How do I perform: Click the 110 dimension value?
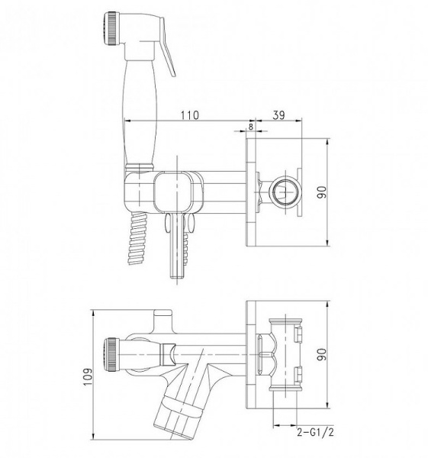(x=189, y=114)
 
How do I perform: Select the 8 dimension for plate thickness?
(x=250, y=127)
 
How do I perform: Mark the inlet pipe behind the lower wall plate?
(x=284, y=355)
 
